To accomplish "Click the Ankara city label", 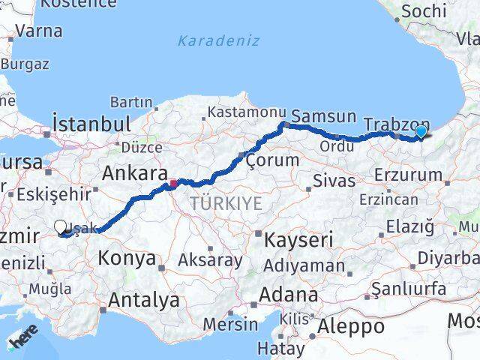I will (x=134, y=174).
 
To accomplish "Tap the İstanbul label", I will (x=91, y=123).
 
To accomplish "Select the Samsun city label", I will (x=323, y=116).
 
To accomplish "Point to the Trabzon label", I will (x=396, y=124).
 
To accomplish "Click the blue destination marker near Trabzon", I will (x=421, y=133).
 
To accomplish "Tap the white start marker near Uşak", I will (x=60, y=226).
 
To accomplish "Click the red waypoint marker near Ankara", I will (x=173, y=182).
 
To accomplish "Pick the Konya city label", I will (x=127, y=259).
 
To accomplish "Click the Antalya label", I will (x=144, y=301).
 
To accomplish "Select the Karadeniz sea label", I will (x=218, y=40).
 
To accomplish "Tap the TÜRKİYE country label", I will (x=226, y=203).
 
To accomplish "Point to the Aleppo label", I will (x=350, y=326).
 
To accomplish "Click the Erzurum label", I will (x=412, y=175).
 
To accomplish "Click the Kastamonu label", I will (x=241, y=112).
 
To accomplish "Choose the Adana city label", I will (x=287, y=295).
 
